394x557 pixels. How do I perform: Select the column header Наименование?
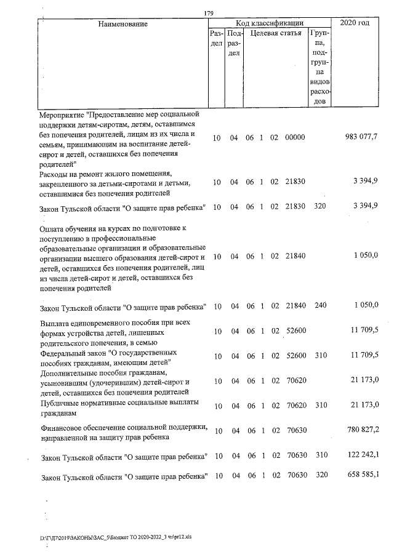[x=123, y=23]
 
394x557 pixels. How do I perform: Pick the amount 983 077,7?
[x=361, y=137]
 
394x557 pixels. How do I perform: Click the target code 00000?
[x=295, y=137]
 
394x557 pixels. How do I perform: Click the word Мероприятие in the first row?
[x=62, y=114]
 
